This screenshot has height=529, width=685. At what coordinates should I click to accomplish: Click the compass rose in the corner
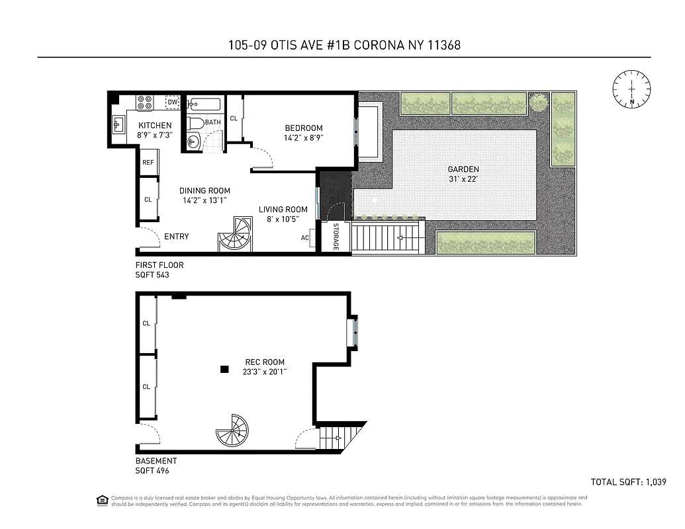pos(631,88)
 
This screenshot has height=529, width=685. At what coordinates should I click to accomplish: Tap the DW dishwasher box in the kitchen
pos(172,102)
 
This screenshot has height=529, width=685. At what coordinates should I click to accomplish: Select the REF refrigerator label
pos(148,163)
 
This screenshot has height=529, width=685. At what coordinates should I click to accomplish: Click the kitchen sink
pos(119,124)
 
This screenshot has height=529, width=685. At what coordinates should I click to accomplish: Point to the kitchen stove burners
pos(144,102)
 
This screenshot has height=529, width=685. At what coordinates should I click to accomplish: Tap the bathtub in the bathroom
pos(204,104)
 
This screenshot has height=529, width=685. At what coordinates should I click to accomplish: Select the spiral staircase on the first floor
pos(235,235)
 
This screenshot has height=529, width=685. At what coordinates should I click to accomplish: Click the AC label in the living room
pos(305,238)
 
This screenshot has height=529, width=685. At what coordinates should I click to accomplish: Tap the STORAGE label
pos(336,237)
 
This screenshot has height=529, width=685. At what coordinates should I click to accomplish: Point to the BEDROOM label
pos(304,128)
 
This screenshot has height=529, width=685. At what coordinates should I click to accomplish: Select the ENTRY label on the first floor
pos(176,237)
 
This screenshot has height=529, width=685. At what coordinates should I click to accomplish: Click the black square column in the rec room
pos(225,369)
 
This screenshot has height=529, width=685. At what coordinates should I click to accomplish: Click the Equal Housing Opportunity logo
pos(102,500)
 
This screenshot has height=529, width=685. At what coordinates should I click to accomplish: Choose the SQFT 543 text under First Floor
pos(152,274)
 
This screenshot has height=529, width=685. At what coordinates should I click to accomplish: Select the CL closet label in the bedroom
pos(234,119)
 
